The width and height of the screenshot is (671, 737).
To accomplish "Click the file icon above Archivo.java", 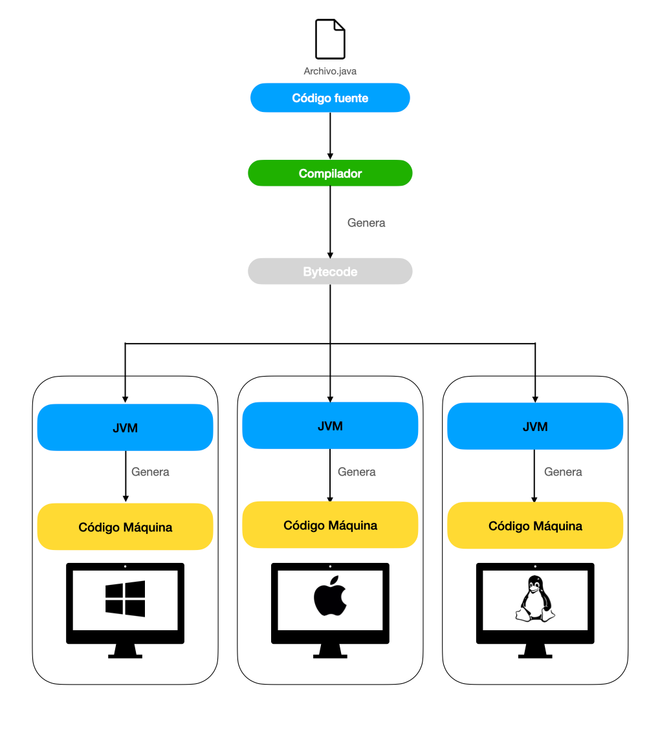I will click(330, 39).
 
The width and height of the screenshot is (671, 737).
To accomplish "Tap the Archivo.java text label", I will click(330, 71).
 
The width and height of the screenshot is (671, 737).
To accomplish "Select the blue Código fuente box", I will click(330, 98).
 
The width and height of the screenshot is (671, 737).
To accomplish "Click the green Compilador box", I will click(330, 173).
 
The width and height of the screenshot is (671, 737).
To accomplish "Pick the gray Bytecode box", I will click(330, 272).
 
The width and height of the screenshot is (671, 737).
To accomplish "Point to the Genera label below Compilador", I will click(366, 223).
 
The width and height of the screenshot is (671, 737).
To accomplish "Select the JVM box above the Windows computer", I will click(125, 428).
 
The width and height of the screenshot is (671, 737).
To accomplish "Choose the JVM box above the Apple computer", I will click(330, 426).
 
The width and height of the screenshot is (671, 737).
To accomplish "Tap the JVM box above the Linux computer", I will click(535, 426).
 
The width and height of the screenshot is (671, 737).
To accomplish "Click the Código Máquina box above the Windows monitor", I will click(125, 527).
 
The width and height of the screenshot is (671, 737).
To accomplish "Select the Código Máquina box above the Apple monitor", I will click(330, 525).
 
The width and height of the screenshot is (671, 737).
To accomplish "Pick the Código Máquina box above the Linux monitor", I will click(535, 526).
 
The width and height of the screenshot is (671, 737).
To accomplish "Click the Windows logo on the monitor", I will click(125, 599).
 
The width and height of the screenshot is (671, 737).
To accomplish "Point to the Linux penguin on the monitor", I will click(534, 599).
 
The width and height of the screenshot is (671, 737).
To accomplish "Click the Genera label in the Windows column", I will click(150, 472).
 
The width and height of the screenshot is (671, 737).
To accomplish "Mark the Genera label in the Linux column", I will click(563, 472).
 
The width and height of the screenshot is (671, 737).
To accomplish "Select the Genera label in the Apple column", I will click(357, 472).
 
